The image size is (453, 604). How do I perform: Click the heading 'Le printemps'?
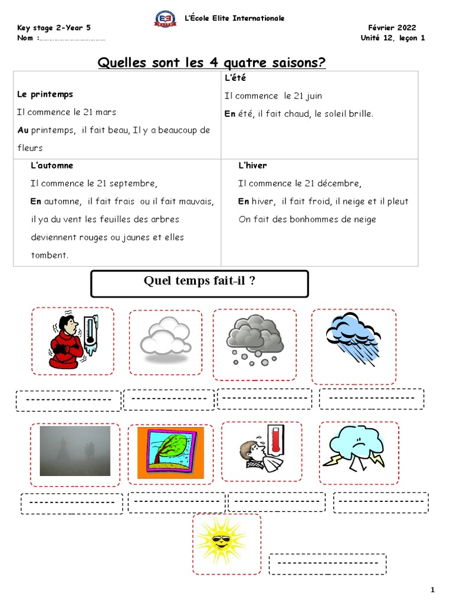(x=45, y=94)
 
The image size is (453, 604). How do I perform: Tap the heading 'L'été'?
(x=235, y=78)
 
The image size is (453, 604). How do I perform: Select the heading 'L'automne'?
(x=52, y=166)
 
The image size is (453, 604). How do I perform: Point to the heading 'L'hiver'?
(x=252, y=166)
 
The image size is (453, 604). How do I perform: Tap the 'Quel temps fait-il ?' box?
(x=199, y=283)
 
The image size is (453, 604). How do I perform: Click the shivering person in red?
(x=67, y=340)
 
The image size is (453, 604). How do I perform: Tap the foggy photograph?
(x=75, y=450)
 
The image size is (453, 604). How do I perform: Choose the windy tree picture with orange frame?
(x=171, y=452)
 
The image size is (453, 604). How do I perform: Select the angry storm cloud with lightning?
(x=358, y=448)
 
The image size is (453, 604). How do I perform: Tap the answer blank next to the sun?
(x=327, y=564)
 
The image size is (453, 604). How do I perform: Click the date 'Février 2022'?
(x=392, y=28)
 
